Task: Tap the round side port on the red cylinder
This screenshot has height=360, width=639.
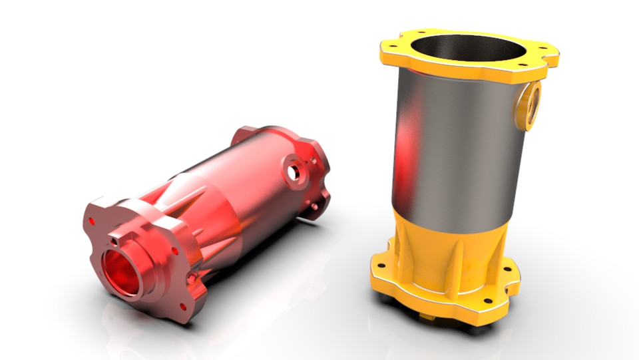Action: click(293, 170)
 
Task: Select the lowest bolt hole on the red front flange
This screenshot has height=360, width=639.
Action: click(181, 305)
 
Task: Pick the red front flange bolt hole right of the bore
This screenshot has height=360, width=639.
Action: click(175, 251)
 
